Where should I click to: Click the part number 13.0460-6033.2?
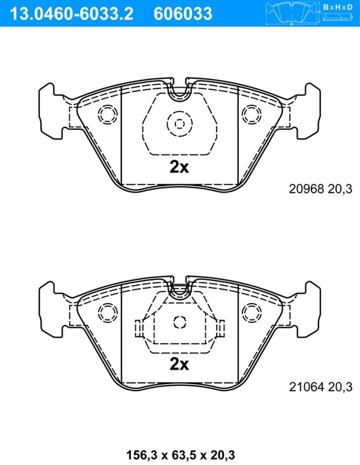pyautogui.click(x=72, y=14)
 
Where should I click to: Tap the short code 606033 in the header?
pyautogui.click(x=183, y=14)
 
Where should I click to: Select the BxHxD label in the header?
pyautogui.click(x=338, y=7)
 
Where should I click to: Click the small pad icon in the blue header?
pyautogui.click(x=292, y=14)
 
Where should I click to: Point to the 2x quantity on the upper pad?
pyautogui.click(x=179, y=167)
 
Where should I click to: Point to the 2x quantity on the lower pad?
pyautogui.click(x=179, y=364)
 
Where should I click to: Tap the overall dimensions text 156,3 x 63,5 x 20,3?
pyautogui.click(x=181, y=455)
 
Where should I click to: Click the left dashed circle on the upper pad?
pyautogui.click(x=107, y=114)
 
